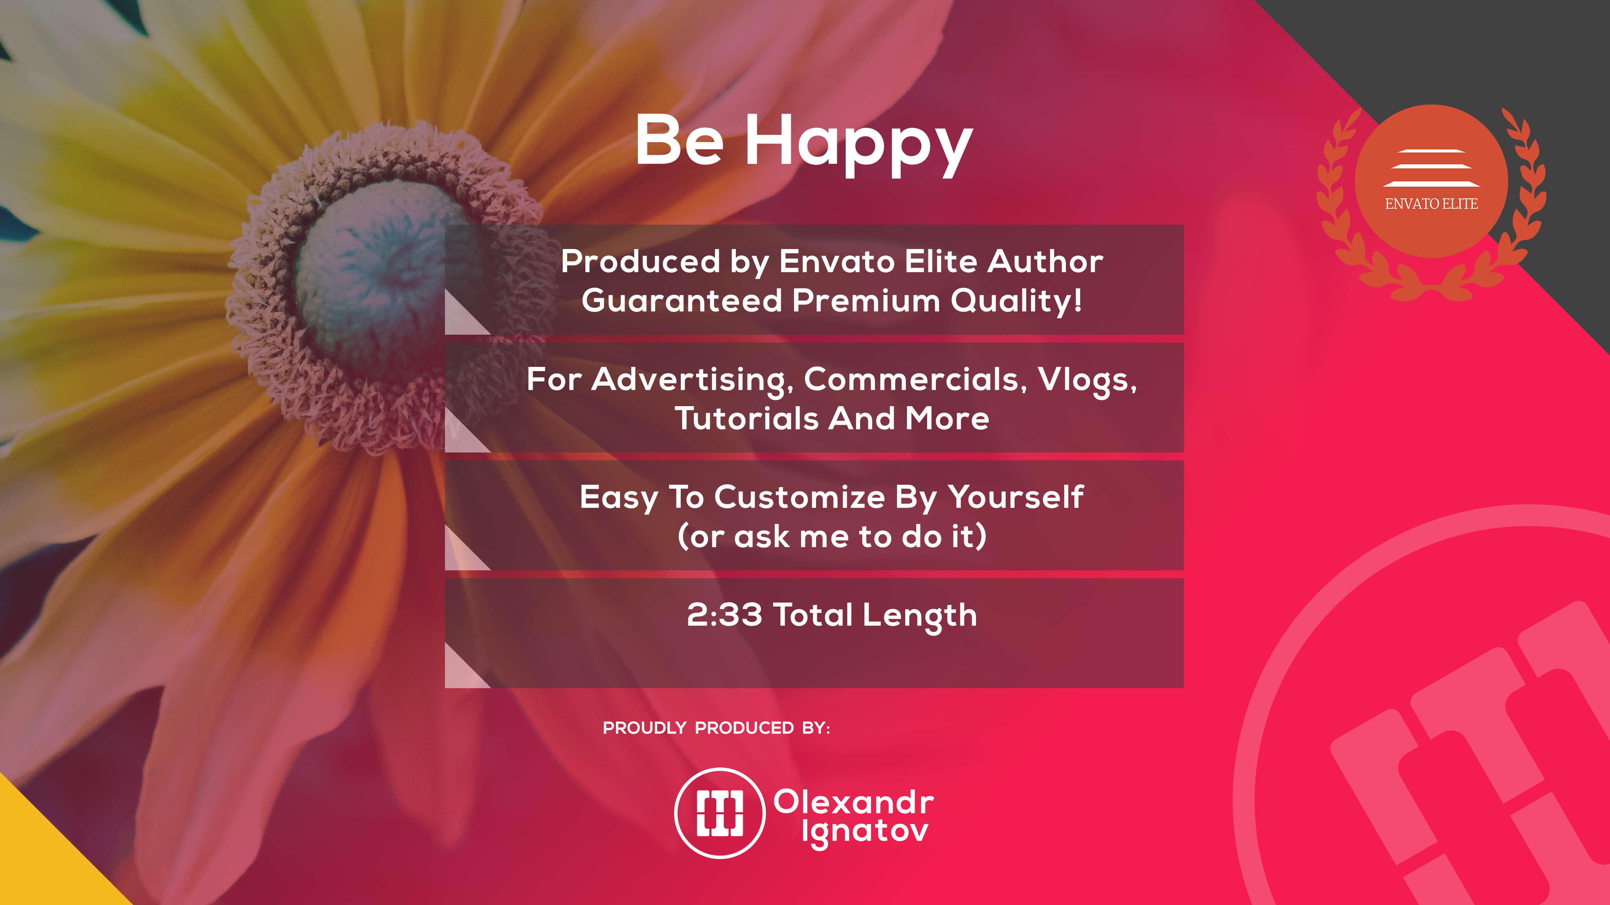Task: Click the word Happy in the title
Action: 859,145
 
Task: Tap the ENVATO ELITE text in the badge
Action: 1431,203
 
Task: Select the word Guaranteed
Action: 682,300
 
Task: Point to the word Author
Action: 1045,261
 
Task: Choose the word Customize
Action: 799,497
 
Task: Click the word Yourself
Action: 1016,497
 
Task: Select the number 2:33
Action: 724,615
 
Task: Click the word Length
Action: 921,616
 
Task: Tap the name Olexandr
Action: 854,802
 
